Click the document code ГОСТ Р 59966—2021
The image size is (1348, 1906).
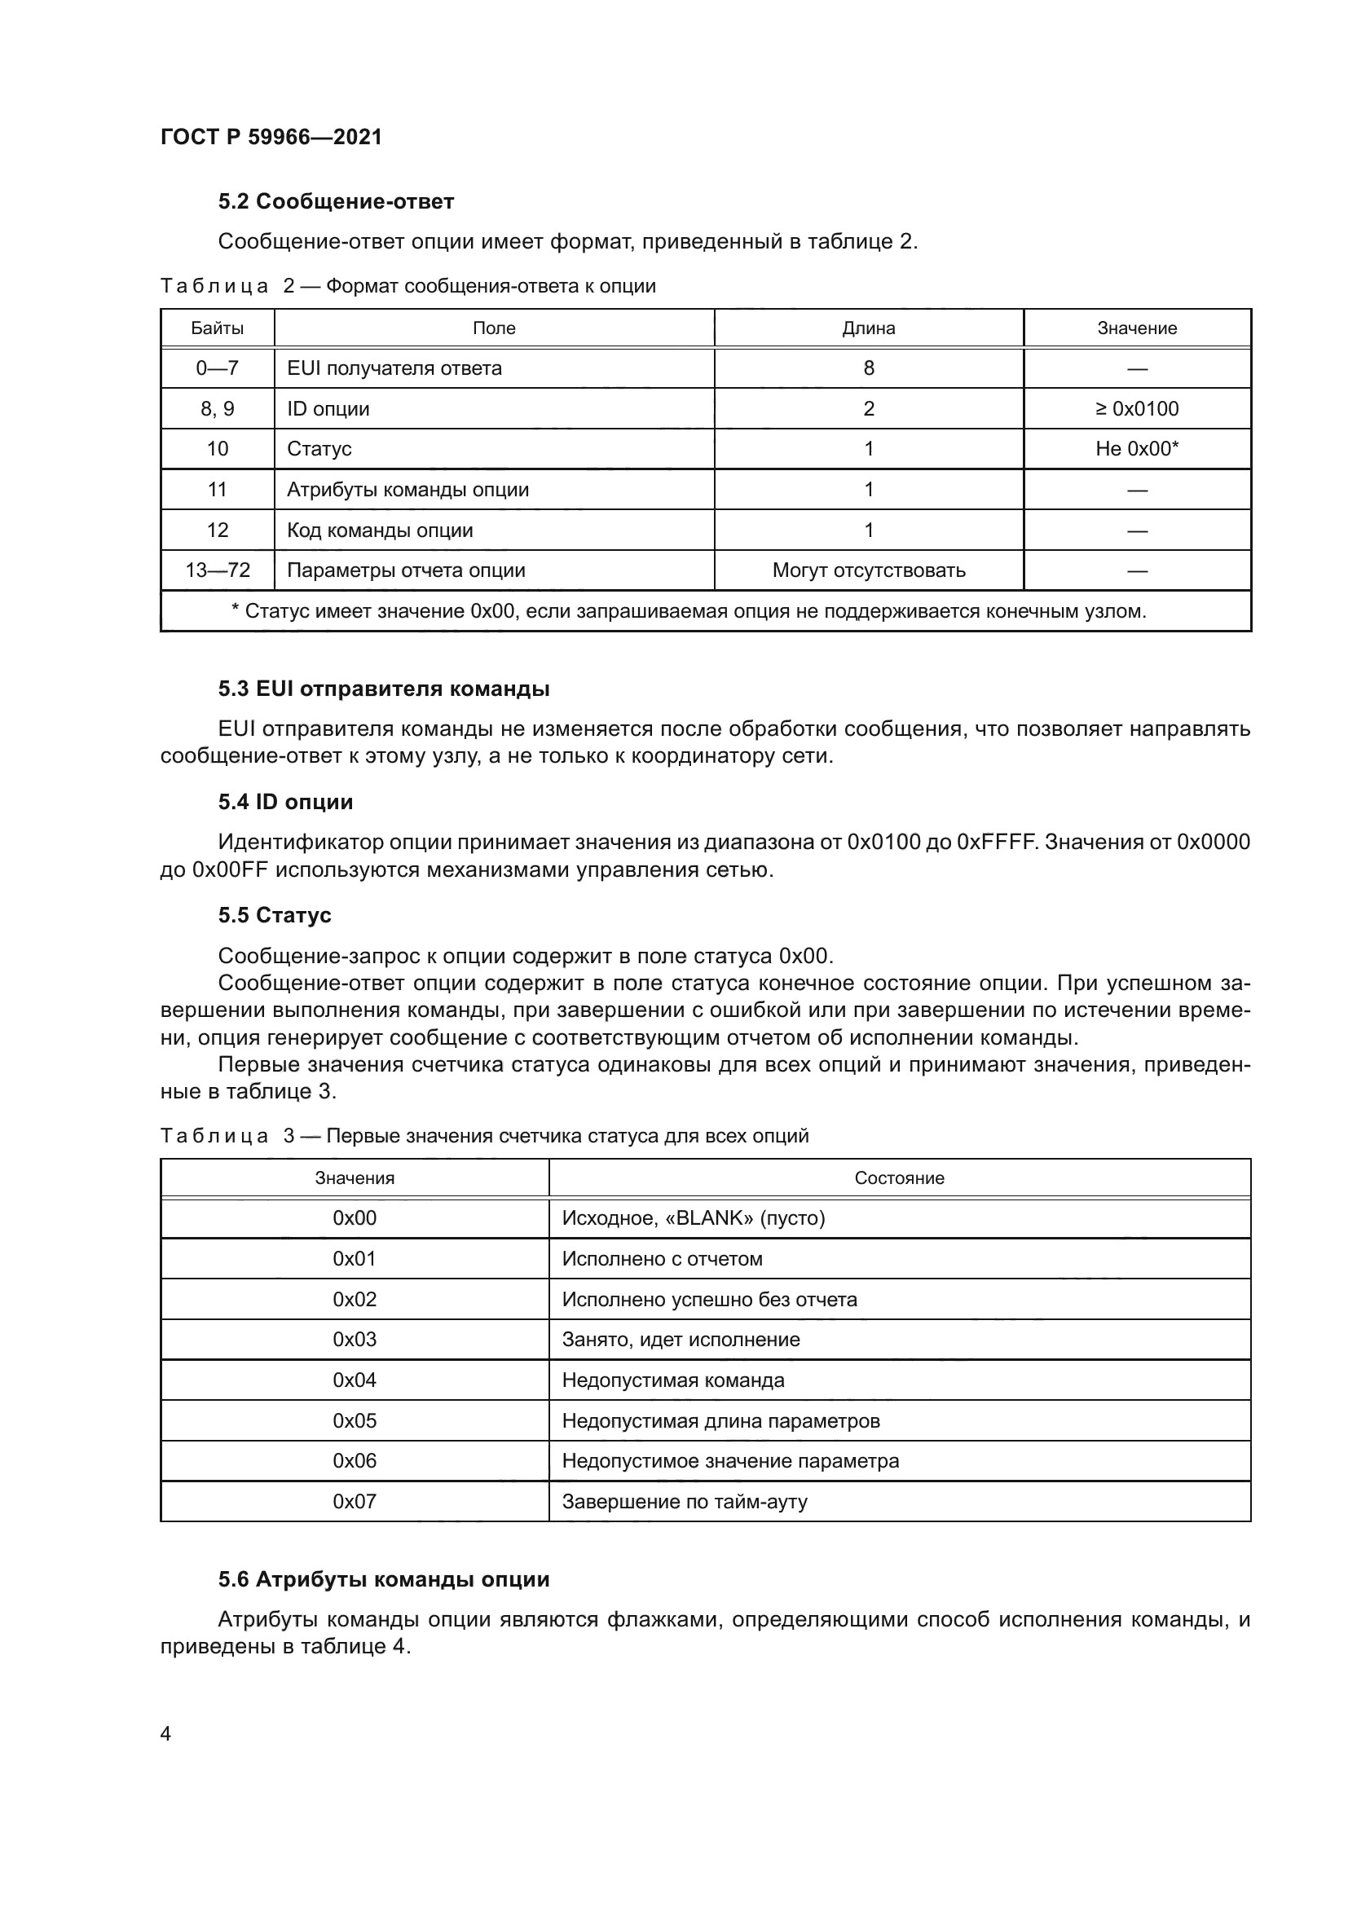271,137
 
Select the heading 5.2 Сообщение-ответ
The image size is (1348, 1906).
335,202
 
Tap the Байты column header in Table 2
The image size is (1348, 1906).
217,328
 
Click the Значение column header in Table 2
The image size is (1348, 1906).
1136,328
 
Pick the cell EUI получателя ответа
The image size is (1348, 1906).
394,368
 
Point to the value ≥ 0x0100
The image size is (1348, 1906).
1136,408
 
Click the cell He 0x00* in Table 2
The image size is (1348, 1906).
1136,449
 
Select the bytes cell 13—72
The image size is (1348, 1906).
217,570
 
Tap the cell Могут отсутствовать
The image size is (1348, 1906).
868,570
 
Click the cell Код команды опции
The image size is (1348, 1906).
379,530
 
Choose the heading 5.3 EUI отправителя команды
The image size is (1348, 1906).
384,689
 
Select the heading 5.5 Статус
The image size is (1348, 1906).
274,915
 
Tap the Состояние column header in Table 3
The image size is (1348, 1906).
899,1178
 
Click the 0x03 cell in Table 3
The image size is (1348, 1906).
355,1339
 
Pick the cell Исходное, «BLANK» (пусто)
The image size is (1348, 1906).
693,1217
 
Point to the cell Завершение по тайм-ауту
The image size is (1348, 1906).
684,1501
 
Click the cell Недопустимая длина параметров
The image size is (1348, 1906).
720,1420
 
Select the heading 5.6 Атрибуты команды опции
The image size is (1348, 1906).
384,1579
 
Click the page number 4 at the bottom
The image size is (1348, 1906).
166,1733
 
